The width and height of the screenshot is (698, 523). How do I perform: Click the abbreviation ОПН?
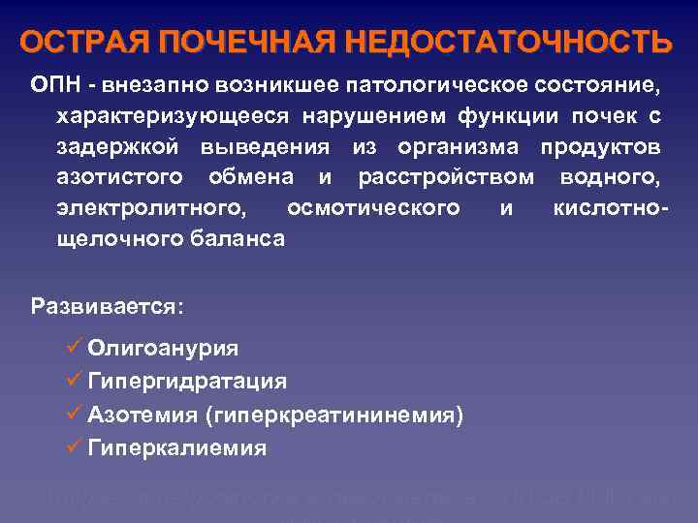click(53, 87)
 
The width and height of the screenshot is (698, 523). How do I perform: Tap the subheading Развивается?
click(107, 307)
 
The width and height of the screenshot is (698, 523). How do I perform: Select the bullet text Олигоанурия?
click(163, 348)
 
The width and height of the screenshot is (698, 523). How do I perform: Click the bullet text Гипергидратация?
click(186, 381)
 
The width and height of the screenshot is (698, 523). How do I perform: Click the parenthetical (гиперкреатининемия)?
click(334, 415)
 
